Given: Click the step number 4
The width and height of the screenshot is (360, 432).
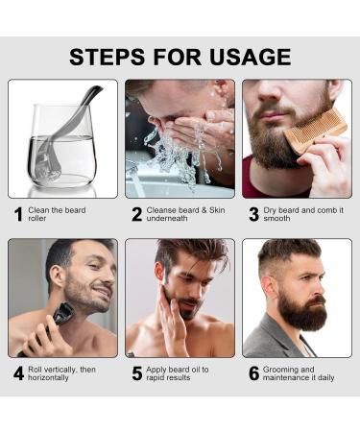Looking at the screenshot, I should (18, 373).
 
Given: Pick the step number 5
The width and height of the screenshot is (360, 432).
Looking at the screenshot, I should (136, 373).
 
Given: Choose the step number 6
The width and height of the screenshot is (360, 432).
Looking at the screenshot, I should (253, 373).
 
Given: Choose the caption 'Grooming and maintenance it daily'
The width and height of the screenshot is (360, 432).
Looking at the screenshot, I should (300, 373).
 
